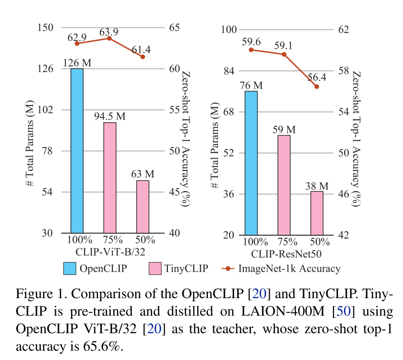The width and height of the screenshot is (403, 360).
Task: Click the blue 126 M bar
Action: [x=77, y=150]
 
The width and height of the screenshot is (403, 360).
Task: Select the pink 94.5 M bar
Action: [x=109, y=177]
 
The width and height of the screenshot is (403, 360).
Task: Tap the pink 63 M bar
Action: [x=142, y=206]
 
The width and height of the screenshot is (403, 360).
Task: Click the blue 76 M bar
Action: [x=251, y=163]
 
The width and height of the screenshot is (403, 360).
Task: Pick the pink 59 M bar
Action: [x=284, y=185]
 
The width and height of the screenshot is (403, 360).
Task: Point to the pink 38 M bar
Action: [x=317, y=213]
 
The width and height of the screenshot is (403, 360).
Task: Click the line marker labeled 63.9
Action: [x=109, y=38]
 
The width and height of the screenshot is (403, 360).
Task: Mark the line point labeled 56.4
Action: [x=317, y=87]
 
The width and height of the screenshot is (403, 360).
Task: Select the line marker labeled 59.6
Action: [x=251, y=49]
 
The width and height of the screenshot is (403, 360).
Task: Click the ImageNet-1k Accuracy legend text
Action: [x=289, y=268]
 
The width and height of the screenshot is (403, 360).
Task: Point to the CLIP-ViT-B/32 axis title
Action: [x=109, y=252]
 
